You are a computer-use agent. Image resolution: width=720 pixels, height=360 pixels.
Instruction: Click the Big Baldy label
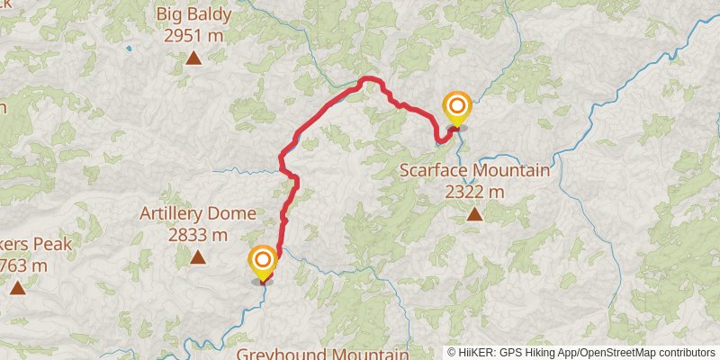coord(193,14)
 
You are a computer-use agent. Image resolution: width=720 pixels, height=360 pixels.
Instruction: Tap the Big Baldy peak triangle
coord(193,59)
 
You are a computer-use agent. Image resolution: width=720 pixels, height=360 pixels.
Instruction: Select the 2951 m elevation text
coord(193,36)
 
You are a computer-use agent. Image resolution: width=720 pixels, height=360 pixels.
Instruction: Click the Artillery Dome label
coord(198,214)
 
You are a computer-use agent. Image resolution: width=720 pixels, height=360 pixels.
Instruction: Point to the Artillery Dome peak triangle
coord(197,258)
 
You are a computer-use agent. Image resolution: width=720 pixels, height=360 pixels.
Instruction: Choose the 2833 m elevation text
coord(196,235)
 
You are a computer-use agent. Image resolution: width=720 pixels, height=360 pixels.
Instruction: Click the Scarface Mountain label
coord(474,170)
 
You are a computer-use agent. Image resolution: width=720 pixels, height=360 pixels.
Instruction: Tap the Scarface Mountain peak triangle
coord(474,214)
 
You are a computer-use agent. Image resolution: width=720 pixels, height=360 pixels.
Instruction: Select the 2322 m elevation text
coord(474,192)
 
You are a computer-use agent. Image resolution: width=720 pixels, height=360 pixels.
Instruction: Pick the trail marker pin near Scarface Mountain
coord(456,109)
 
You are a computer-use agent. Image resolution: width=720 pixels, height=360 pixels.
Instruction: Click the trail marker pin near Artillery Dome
coord(263,262)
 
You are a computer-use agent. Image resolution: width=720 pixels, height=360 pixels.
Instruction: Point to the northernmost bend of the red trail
coord(367,80)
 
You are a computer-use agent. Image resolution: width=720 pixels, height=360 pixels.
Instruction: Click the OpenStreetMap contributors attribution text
coord(648,353)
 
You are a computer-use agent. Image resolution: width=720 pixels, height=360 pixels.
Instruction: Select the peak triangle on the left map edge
coord(17,288)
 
